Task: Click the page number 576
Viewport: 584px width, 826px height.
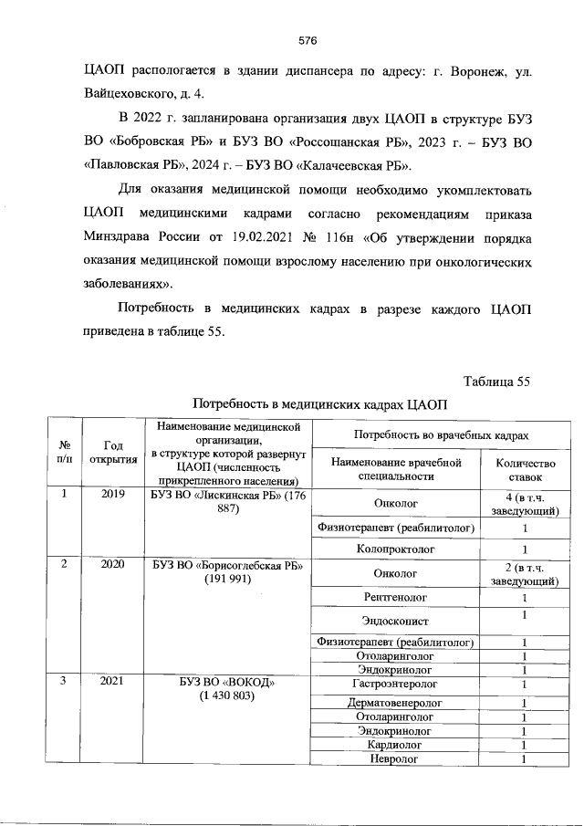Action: [x=307, y=40]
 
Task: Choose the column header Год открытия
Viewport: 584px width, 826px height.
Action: [x=113, y=452]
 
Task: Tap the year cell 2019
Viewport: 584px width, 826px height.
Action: [x=113, y=495]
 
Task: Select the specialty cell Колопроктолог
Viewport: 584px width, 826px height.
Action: [x=395, y=549]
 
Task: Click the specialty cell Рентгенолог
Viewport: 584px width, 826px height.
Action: [x=395, y=597]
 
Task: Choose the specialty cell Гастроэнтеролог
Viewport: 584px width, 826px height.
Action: [x=395, y=684]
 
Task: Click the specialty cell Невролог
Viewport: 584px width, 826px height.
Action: [x=395, y=758]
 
